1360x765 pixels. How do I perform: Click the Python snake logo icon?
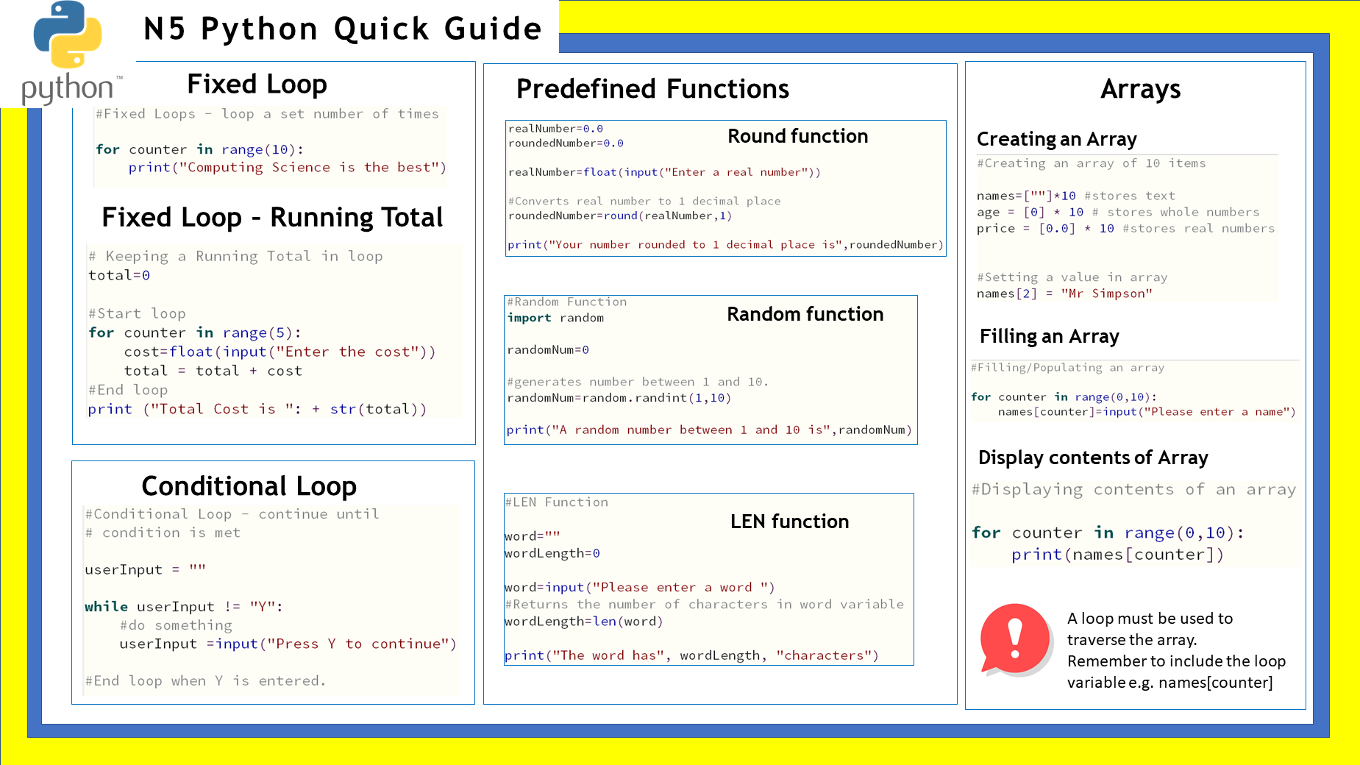pyautogui.click(x=68, y=35)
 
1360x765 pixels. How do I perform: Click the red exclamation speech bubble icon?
pyautogui.click(x=1015, y=638)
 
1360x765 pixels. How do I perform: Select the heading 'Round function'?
pyautogui.click(x=797, y=136)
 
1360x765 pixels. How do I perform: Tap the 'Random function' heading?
pyautogui.click(x=805, y=314)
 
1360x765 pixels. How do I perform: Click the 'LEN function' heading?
pyautogui.click(x=789, y=522)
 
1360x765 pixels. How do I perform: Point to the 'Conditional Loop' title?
pyautogui.click(x=249, y=486)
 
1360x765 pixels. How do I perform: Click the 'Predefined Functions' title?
pyautogui.click(x=652, y=89)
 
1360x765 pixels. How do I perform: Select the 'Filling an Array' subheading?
pyautogui.click(x=1049, y=336)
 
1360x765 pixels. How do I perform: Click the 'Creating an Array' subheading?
pyautogui.click(x=1056, y=139)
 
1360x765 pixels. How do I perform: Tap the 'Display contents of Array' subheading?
pyautogui.click(x=1093, y=458)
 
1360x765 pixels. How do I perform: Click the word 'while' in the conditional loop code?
pyautogui.click(x=106, y=606)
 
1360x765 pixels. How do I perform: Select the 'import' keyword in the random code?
pyautogui.click(x=529, y=318)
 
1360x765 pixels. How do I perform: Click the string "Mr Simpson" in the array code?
pyautogui.click(x=1106, y=293)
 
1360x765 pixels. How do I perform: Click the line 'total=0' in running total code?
pyautogui.click(x=119, y=275)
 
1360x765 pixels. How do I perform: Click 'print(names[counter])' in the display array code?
pyautogui.click(x=1117, y=555)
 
